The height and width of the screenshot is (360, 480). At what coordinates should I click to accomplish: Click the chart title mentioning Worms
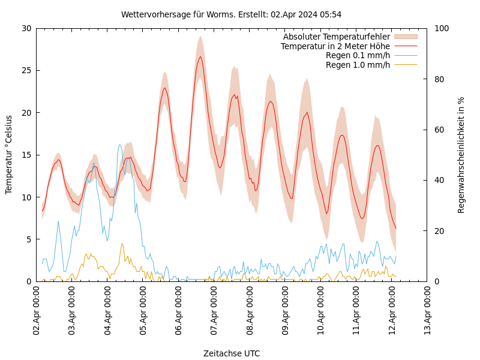click(x=231, y=14)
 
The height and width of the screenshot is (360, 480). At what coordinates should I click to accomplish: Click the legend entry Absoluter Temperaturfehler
click(x=337, y=37)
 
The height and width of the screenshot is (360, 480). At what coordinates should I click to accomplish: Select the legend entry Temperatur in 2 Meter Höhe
click(x=335, y=46)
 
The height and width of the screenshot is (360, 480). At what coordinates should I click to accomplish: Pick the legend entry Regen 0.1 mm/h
click(x=358, y=55)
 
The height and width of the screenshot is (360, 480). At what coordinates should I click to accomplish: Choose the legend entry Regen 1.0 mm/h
click(x=358, y=65)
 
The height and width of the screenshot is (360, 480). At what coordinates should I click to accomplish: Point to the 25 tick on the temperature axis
click(x=27, y=70)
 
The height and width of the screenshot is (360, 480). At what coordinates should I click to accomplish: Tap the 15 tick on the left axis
click(x=27, y=155)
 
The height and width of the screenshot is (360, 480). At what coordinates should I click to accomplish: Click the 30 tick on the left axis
click(x=27, y=28)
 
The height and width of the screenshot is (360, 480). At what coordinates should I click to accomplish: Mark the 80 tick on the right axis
click(x=439, y=79)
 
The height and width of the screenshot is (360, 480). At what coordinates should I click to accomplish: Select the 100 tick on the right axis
click(x=441, y=28)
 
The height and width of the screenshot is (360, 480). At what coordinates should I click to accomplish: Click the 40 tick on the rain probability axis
click(x=439, y=180)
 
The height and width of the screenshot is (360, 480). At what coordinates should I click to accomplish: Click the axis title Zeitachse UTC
click(x=232, y=353)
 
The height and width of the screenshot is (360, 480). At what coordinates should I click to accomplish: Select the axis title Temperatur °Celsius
click(x=9, y=155)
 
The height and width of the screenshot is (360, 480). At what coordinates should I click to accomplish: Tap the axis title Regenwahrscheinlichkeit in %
click(x=461, y=155)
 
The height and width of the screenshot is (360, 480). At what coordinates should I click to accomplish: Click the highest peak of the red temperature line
click(x=200, y=56)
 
